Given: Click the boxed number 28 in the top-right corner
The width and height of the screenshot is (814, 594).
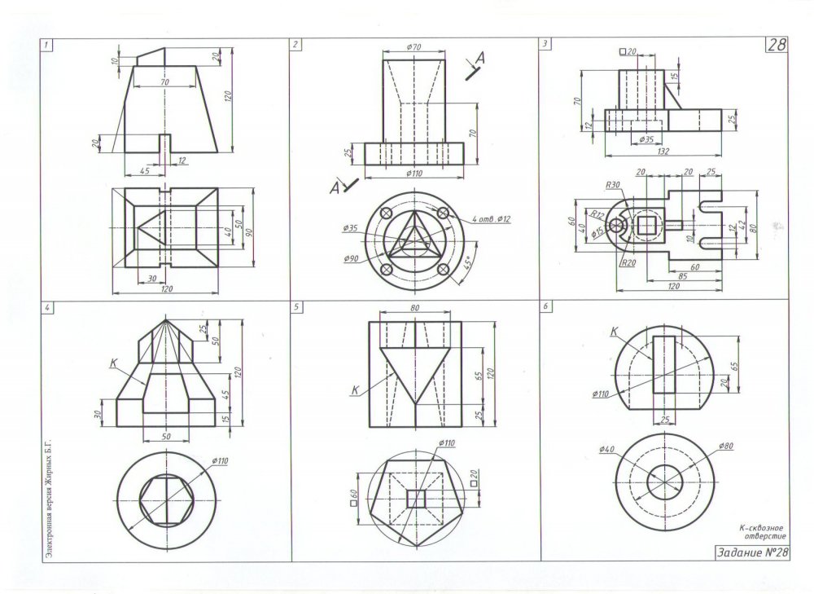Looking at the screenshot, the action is pyautogui.click(x=776, y=45).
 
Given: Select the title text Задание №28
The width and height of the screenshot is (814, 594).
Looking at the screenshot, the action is pyautogui.click(x=752, y=552).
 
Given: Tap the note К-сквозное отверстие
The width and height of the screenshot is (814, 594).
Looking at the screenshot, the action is pyautogui.click(x=762, y=531).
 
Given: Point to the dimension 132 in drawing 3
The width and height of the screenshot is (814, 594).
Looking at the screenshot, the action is pyautogui.click(x=663, y=152).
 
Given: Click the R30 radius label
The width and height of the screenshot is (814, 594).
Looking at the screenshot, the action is pyautogui.click(x=613, y=184).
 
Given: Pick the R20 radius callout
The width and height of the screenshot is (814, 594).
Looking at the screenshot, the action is pyautogui.click(x=628, y=262).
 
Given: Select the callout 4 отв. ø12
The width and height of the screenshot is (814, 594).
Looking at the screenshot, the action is pyautogui.click(x=491, y=219).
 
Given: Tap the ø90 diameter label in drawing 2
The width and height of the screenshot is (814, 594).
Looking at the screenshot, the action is pyautogui.click(x=351, y=258).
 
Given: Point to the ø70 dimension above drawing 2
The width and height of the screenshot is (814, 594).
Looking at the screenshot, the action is pyautogui.click(x=414, y=46).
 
